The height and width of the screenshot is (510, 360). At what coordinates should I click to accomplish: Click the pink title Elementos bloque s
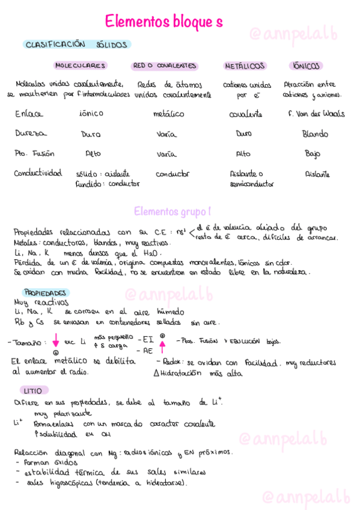tap(163, 22)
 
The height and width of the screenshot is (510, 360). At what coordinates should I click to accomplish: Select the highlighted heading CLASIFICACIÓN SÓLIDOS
tap(76, 45)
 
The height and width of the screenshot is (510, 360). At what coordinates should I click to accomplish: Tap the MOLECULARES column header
tap(81, 66)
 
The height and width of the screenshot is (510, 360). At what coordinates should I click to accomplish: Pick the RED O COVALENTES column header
tap(164, 66)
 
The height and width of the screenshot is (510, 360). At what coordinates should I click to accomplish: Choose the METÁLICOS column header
tap(245, 66)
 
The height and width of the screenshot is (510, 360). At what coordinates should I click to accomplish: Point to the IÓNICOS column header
tap(306, 66)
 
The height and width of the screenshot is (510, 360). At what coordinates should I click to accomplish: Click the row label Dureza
tap(31, 133)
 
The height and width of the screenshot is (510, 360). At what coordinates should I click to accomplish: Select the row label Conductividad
tap(38, 173)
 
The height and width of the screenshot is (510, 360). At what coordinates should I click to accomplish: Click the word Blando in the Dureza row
tap(315, 134)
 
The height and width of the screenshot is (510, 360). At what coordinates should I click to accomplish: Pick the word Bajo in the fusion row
tap(313, 153)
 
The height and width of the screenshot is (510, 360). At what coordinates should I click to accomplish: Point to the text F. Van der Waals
tap(317, 114)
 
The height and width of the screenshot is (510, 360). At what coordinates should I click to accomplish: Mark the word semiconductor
tap(252, 184)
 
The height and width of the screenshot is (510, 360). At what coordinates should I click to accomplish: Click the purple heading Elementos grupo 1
tap(172, 212)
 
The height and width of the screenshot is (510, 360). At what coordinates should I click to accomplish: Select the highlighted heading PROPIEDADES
tap(44, 292)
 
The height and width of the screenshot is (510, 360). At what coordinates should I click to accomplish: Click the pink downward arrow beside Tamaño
tap(55, 341)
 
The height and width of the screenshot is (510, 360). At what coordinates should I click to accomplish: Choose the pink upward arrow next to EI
tap(162, 345)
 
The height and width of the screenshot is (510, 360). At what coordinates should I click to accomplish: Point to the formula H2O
tap(153, 253)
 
